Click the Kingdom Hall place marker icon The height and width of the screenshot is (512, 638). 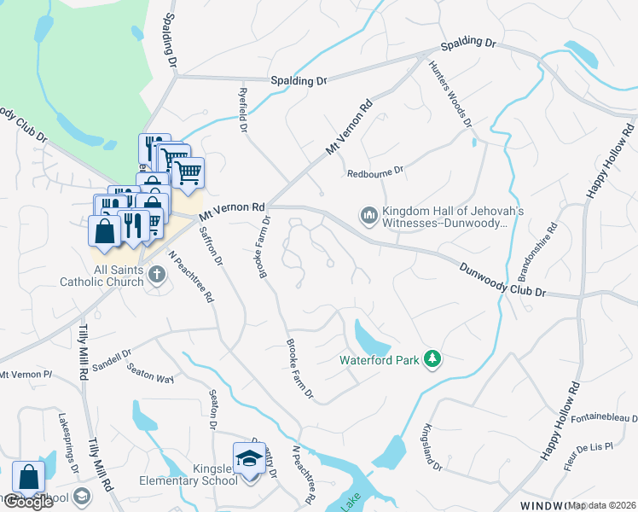coord(368,214)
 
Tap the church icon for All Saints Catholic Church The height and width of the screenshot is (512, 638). coord(155,274)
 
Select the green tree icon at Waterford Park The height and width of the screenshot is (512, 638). coord(432,360)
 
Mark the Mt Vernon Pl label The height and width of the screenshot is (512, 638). coord(26,375)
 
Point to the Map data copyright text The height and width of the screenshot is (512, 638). coord(602,505)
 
